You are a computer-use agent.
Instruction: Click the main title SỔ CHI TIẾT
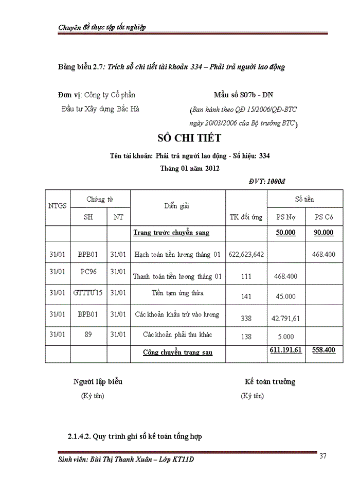[188, 138]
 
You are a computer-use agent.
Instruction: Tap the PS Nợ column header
[285, 217]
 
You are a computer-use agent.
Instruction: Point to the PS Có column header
[323, 217]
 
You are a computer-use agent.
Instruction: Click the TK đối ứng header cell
[246, 217]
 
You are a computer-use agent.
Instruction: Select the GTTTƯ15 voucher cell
[88, 292]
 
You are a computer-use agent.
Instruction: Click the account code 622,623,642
[246, 254]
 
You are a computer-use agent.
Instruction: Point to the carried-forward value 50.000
[285, 233]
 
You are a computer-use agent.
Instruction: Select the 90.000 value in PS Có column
[323, 233]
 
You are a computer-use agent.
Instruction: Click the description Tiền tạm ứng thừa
[177, 293]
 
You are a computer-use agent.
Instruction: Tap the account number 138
[246, 337]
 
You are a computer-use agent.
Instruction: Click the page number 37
[323, 455]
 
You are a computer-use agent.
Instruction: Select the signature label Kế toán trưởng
[269, 382]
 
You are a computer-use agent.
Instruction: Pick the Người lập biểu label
[98, 382]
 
